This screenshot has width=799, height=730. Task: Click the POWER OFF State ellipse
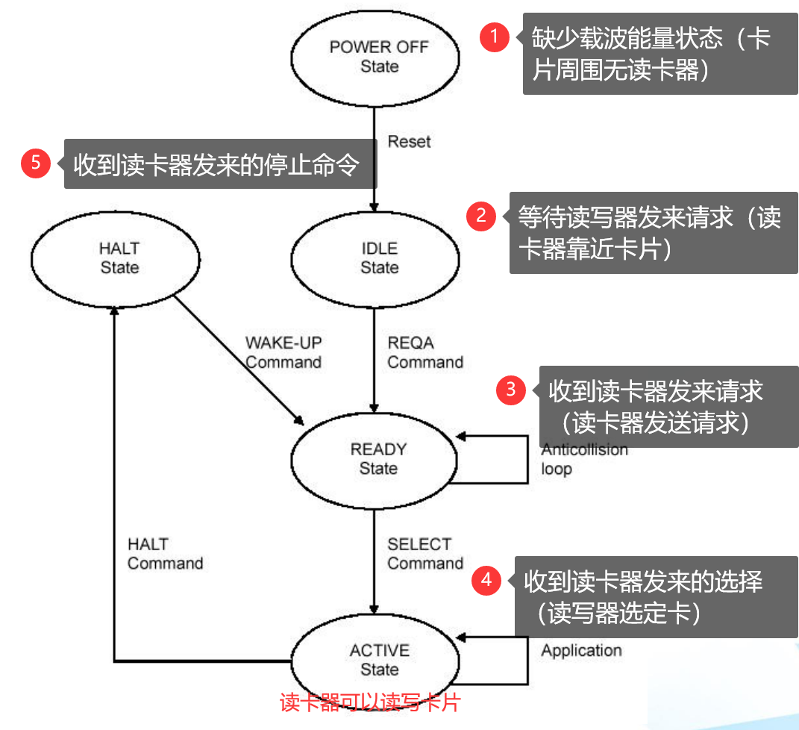[379, 57]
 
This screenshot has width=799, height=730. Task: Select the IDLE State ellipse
[379, 258]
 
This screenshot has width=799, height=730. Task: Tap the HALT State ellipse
[119, 258]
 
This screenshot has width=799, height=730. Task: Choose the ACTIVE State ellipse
[378, 660]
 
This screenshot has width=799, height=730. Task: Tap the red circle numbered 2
[481, 216]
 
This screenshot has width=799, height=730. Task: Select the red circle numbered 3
[511, 389]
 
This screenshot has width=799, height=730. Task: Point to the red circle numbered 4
[486, 579]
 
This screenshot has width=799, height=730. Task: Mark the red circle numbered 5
[35, 163]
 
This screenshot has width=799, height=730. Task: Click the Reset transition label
[409, 141]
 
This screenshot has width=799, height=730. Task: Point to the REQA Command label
[424, 352]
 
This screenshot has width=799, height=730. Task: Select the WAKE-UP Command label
[283, 352]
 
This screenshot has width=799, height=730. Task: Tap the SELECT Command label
[424, 553]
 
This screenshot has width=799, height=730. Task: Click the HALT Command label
[165, 553]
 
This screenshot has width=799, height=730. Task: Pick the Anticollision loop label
[584, 459]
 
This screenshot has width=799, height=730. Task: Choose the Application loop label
[581, 650]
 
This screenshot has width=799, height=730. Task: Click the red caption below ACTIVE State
[369, 702]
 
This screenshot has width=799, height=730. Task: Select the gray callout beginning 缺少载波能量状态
[659, 54]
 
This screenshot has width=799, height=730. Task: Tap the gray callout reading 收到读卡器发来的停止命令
[220, 164]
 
